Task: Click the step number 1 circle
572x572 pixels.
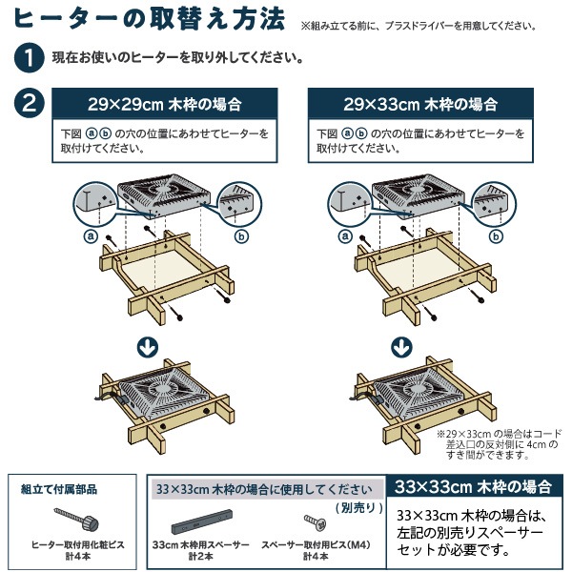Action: (30, 57)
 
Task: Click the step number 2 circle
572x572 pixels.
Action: (30, 103)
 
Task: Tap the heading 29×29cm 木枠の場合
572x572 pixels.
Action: (165, 104)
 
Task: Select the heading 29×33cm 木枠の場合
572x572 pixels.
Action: (420, 104)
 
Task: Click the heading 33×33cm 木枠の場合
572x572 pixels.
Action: (473, 486)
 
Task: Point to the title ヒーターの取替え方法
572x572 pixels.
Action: (150, 19)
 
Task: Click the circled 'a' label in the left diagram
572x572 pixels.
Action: (91, 236)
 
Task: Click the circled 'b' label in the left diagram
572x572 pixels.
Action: (241, 236)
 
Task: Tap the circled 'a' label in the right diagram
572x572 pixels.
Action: (345, 236)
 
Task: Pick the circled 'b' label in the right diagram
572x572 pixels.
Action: (496, 236)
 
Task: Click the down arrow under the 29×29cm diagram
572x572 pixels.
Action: (148, 347)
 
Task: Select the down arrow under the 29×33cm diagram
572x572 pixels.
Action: (401, 347)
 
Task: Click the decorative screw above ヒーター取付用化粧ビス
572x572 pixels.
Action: (76, 519)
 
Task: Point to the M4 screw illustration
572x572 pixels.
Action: (315, 522)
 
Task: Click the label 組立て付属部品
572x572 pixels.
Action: (59, 489)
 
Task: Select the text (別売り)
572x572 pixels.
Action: (359, 507)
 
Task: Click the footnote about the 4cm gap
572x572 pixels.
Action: (500, 444)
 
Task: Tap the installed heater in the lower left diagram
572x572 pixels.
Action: (162, 395)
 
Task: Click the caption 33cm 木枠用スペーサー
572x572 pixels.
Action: (201, 545)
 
